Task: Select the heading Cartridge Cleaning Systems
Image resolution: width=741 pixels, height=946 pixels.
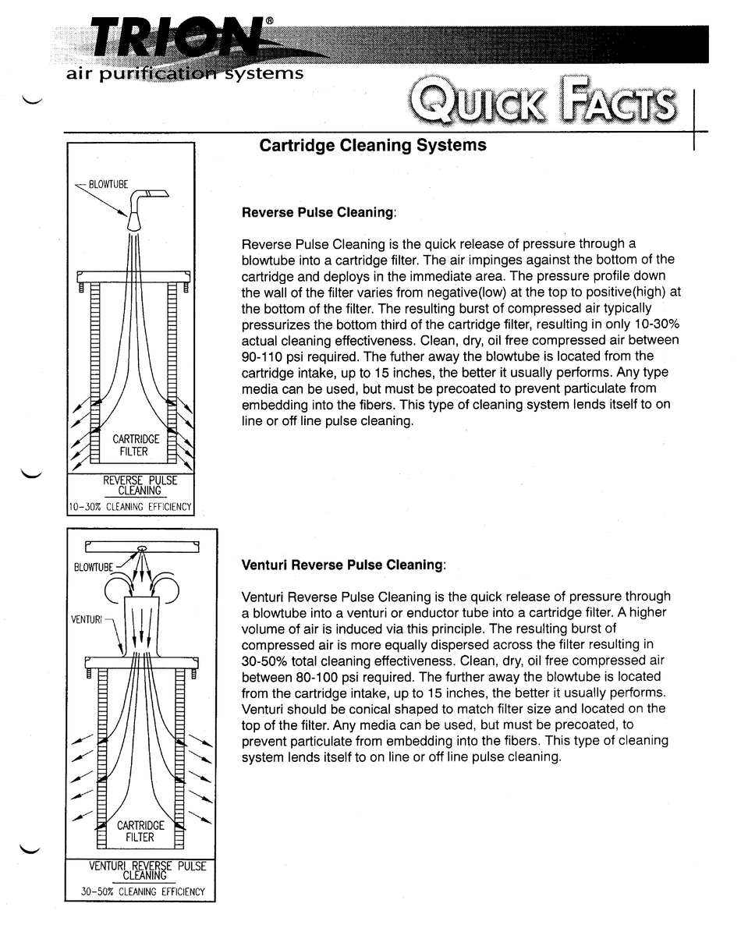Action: (x=372, y=146)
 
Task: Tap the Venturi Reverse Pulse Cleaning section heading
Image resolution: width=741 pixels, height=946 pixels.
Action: (x=343, y=565)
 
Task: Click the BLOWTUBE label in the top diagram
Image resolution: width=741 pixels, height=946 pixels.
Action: (x=108, y=185)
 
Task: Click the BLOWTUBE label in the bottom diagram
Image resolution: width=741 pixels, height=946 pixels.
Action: (x=94, y=567)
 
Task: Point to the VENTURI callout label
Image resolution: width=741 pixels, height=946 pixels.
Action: (x=87, y=619)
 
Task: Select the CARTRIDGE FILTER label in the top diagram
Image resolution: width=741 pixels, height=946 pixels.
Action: (x=135, y=445)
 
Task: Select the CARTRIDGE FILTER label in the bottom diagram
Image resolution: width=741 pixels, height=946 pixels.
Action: (x=140, y=831)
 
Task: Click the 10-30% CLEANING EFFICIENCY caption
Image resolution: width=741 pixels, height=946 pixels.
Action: (x=130, y=507)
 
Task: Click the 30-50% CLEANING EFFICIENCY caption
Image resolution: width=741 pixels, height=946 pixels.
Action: (x=143, y=891)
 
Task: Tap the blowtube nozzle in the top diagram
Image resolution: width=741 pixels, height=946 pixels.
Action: (x=135, y=220)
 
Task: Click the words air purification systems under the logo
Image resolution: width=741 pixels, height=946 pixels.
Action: (x=185, y=74)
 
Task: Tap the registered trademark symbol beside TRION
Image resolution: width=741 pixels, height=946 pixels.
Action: (x=270, y=21)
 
